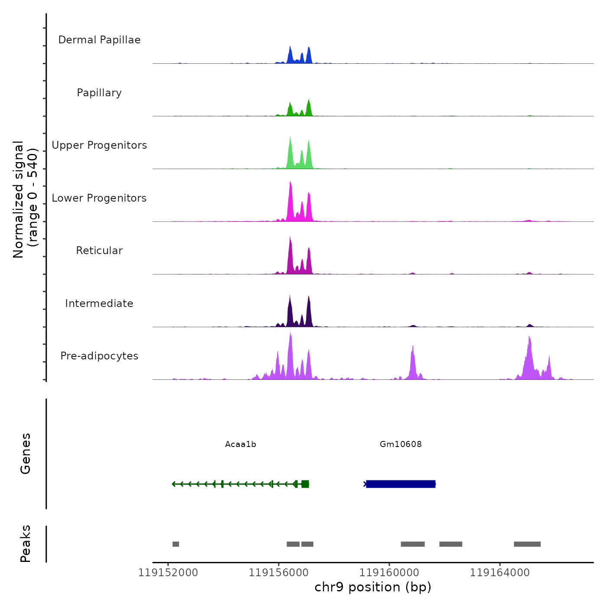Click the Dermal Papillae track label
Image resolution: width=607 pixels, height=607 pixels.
pos(99,40)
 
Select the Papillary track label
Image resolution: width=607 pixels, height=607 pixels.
pos(99,93)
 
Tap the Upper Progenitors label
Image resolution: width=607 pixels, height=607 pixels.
pos(99,145)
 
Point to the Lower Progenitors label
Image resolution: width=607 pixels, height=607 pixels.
pos(99,198)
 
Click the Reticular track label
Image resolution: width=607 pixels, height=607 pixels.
pos(99,251)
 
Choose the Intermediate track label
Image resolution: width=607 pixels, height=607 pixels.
pos(99,303)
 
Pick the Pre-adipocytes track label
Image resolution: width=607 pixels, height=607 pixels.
pos(99,356)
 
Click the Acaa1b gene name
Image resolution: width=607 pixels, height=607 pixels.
pos(241,444)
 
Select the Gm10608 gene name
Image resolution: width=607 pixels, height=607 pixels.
pos(401,444)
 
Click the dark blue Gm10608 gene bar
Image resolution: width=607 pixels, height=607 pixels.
pos(401,484)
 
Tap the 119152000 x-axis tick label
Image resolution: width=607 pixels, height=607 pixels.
pos(168,573)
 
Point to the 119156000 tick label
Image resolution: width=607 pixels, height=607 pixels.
pos(278,573)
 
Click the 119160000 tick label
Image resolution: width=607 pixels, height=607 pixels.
pos(389,573)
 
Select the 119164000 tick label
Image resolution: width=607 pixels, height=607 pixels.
pos(499,573)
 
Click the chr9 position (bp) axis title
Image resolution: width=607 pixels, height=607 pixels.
pos(373,587)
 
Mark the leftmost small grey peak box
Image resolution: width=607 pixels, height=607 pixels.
pos(176,544)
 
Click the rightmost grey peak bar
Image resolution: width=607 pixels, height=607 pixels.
pos(527,544)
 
